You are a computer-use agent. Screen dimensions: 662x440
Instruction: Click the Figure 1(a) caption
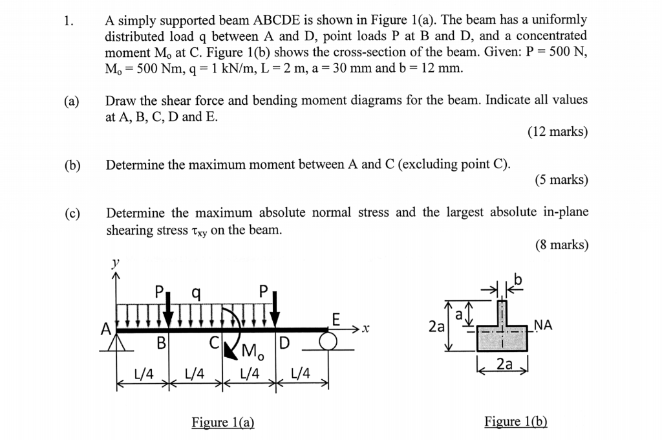223,423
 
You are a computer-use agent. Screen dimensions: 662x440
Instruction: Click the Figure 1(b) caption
516,422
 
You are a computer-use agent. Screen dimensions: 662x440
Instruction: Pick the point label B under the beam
161,341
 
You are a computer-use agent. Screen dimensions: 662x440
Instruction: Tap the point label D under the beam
285,341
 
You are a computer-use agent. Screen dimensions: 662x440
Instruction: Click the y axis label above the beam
116,263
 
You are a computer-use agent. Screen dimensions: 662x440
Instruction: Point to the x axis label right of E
365,330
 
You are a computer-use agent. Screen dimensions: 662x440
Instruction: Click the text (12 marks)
557,132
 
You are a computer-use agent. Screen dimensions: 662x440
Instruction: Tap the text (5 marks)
561,180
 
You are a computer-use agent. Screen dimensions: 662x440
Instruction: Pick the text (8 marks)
561,245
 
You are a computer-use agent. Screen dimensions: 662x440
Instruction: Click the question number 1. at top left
68,19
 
